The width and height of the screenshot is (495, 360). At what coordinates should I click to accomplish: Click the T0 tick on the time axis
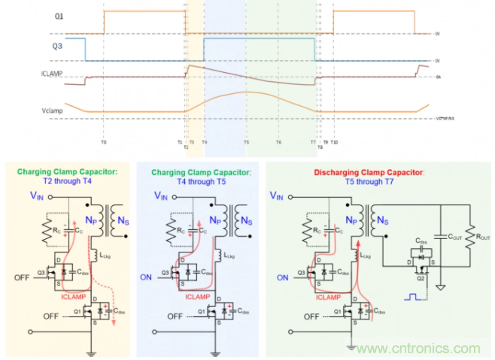click(104, 141)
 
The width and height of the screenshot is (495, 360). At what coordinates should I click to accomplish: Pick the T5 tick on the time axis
click(245, 141)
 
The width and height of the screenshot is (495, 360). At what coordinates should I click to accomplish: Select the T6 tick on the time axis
click(278, 141)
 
